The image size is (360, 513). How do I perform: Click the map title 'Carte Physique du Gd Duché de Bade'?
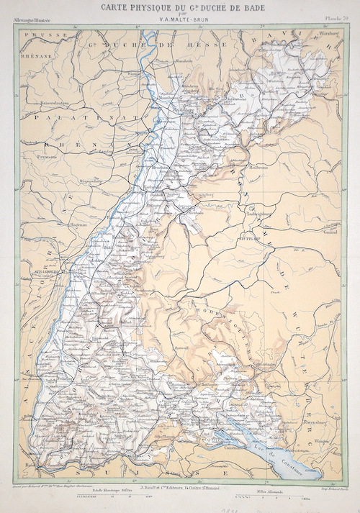tap(179, 8)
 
